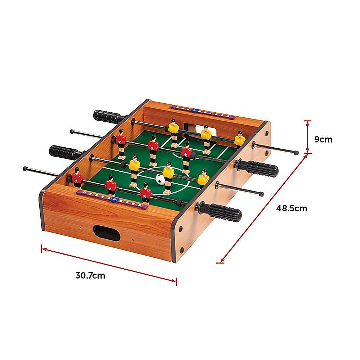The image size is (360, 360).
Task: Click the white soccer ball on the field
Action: click(161, 179)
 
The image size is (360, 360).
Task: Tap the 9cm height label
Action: click(323, 139)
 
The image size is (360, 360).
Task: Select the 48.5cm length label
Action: click(292, 208)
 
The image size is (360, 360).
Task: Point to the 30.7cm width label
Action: click(90, 276)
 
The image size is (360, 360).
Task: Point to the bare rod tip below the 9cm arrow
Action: click(296, 153)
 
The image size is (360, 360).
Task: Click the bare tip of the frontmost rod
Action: click(26, 168)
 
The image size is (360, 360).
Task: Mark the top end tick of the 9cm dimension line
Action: click(307, 121)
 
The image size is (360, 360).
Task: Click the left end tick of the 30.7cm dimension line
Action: click(42, 248)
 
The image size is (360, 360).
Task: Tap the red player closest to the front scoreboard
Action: click(145, 193)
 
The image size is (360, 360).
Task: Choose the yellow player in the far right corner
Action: click(240, 139)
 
